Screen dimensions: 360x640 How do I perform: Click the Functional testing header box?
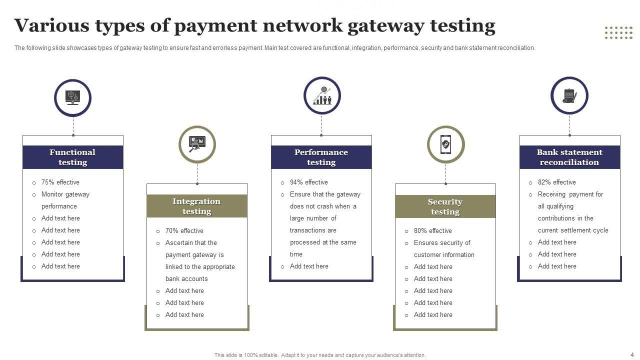pyautogui.click(x=72, y=157)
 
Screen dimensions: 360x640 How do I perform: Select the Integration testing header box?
pyautogui.click(x=196, y=206)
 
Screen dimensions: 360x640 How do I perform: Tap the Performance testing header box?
pyautogui.click(x=321, y=157)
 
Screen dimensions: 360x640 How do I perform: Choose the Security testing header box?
pyautogui.click(x=445, y=206)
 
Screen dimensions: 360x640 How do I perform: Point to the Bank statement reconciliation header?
pyautogui.click(x=569, y=157)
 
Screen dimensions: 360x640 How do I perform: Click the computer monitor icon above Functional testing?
pyautogui.click(x=73, y=97)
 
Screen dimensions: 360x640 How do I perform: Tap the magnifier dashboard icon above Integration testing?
pyautogui.click(x=197, y=144)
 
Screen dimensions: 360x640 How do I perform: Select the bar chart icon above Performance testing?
pyautogui.click(x=322, y=95)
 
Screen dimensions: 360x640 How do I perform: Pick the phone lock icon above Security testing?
pyautogui.click(x=445, y=144)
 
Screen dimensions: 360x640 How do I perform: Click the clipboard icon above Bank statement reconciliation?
pyautogui.click(x=569, y=95)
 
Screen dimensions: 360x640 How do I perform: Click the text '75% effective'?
pyautogui.click(x=60, y=182)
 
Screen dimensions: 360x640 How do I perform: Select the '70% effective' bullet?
pyautogui.click(x=184, y=231)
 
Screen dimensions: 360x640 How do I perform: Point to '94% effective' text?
pyautogui.click(x=308, y=182)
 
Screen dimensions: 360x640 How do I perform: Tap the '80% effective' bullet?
pyautogui.click(x=432, y=231)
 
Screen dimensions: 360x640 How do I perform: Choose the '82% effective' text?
pyautogui.click(x=556, y=182)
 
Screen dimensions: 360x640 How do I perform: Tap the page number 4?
pyautogui.click(x=631, y=354)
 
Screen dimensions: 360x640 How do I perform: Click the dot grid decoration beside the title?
pyautogui.click(x=618, y=32)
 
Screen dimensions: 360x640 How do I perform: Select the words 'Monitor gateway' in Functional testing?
pyautogui.click(x=65, y=194)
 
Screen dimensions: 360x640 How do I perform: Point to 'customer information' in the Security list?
pyautogui.click(x=444, y=255)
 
